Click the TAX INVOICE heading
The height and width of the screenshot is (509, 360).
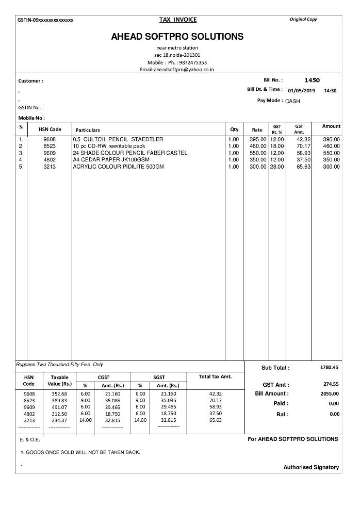coord(178,20)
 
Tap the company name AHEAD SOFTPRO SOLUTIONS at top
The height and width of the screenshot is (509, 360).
coord(177,37)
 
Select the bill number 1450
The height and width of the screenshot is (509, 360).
coord(312,80)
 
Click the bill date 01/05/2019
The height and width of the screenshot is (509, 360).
coord(301,90)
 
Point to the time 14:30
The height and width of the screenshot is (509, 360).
coord(330,90)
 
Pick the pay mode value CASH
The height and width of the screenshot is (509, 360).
coord(292,101)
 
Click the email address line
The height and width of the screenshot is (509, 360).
coord(177,69)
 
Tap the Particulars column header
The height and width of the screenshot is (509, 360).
coord(88,130)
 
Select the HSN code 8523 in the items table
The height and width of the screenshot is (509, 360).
coord(50,146)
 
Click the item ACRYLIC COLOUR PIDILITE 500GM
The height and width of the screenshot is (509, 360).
coord(118,167)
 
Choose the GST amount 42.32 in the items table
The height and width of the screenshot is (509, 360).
coord(303,139)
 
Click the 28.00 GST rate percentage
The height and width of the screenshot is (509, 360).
coord(277,167)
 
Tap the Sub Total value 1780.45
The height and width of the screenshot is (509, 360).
coord(329,367)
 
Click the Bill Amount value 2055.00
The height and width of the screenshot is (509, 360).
coord(329,393)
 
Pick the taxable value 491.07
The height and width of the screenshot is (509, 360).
coord(59,407)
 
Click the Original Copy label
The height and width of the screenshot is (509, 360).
coord(304,20)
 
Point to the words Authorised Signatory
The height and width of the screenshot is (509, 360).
coord(311,467)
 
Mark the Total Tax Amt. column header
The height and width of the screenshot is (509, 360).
coord(215,376)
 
